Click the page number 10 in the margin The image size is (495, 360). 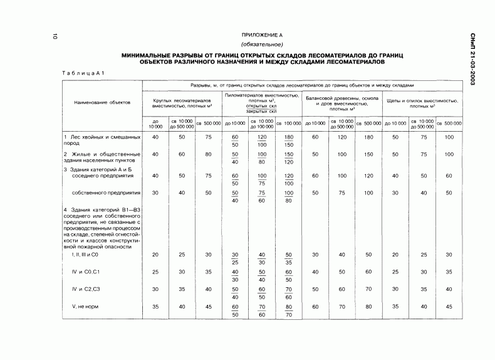56,38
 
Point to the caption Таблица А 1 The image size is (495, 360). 83,73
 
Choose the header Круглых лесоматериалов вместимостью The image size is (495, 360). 182,103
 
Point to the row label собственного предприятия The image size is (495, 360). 107,193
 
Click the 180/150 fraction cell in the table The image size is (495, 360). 289,140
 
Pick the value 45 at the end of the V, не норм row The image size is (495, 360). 448,307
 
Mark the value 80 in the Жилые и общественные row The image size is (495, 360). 208,154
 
